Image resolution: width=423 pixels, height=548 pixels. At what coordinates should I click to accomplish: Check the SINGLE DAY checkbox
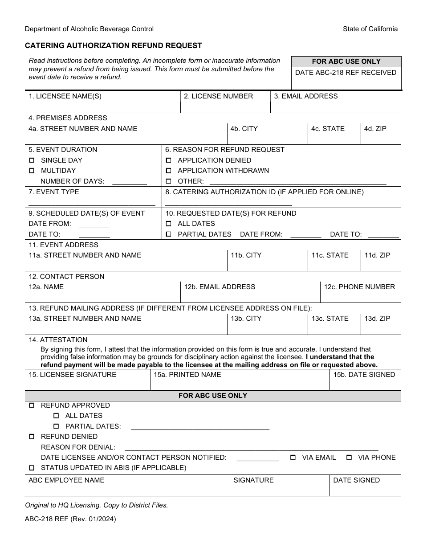[x=32, y=160]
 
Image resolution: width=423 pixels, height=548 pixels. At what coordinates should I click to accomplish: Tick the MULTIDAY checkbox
[x=32, y=171]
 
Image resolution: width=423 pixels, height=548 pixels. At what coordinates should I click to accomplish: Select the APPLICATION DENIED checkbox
[x=168, y=160]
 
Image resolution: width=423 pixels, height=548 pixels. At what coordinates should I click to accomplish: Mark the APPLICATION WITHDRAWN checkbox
[x=168, y=171]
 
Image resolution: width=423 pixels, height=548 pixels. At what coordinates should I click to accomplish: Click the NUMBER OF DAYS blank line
[x=129, y=182]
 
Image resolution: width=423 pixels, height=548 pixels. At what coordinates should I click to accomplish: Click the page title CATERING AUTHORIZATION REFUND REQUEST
[x=113, y=45]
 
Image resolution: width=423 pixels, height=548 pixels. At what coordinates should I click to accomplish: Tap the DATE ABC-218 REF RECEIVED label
[x=346, y=73]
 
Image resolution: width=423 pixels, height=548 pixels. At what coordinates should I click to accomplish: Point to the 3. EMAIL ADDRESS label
[x=305, y=96]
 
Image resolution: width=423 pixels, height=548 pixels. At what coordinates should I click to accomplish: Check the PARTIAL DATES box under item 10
[x=168, y=234]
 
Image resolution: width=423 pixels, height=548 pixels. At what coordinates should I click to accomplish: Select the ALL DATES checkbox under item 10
[x=168, y=224]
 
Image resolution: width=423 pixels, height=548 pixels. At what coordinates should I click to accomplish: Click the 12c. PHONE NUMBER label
[x=359, y=287]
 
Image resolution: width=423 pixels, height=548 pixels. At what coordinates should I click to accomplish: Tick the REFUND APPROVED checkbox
[x=32, y=405]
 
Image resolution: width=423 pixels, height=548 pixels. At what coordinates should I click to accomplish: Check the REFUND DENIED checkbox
[x=32, y=437]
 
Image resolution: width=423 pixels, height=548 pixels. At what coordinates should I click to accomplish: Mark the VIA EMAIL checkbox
[x=293, y=458]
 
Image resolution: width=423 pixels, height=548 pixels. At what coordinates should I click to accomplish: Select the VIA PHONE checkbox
[x=349, y=458]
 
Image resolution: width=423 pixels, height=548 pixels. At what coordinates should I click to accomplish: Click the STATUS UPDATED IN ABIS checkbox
[x=32, y=468]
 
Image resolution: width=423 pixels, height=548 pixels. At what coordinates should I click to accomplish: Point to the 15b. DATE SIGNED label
[x=364, y=375]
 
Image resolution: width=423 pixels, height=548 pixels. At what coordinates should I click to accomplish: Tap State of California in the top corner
[x=370, y=29]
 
